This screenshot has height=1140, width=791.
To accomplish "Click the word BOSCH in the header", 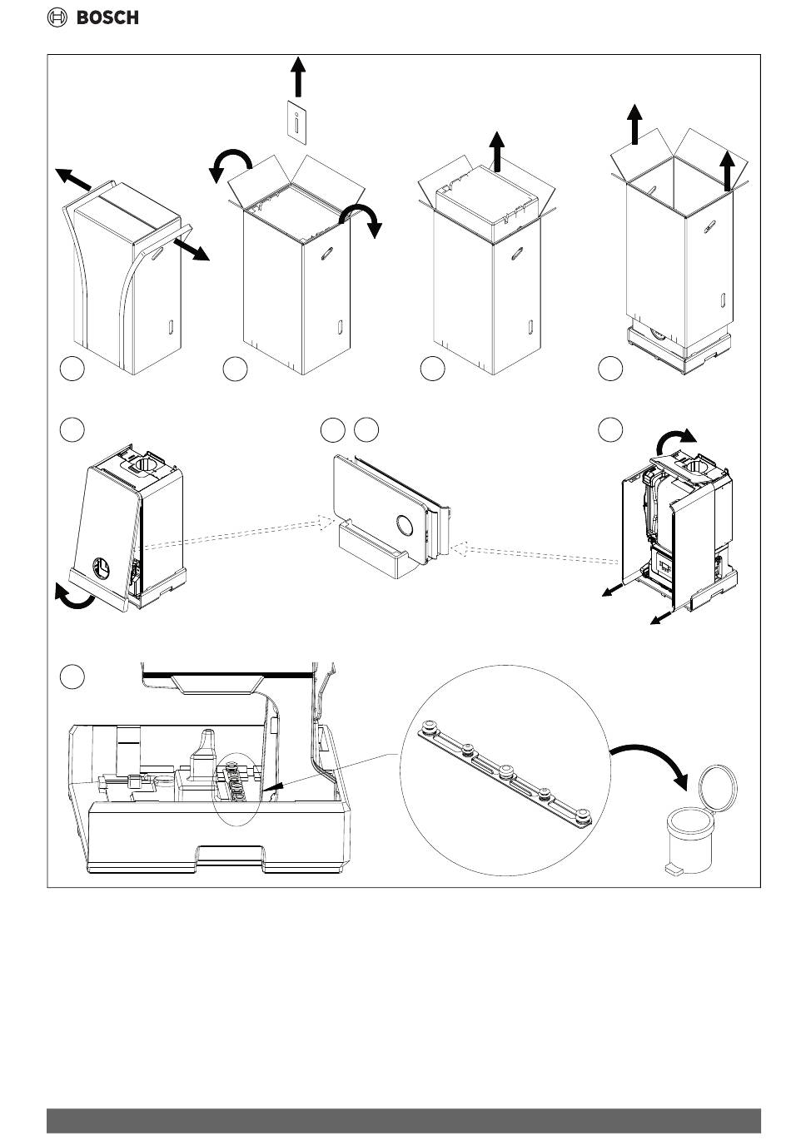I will pos(108,17).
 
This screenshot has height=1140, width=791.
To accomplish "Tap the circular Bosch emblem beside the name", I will pos(57,17).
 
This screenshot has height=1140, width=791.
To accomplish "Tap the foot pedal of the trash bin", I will pos(672,870).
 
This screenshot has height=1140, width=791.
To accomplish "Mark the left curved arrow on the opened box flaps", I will pos(229,162).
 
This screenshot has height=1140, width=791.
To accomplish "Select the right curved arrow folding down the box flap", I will pos(364,219).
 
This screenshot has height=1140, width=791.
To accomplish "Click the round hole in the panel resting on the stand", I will pos(405,526).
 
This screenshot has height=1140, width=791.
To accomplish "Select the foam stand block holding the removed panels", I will pos(371,553).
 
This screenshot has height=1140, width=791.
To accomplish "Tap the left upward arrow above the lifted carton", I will pos(634,125).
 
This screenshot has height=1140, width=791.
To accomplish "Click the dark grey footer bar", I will pos(404,1120).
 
